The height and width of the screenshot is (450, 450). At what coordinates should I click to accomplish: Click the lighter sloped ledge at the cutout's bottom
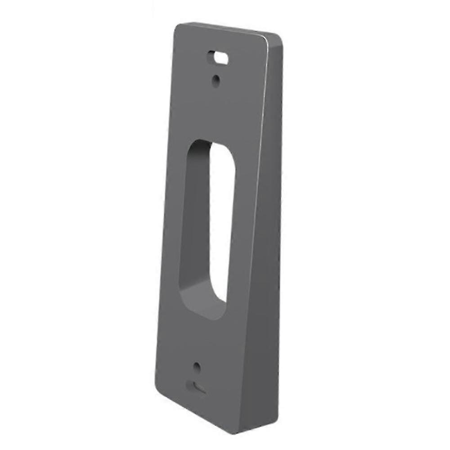pyautogui.click(x=202, y=304)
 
